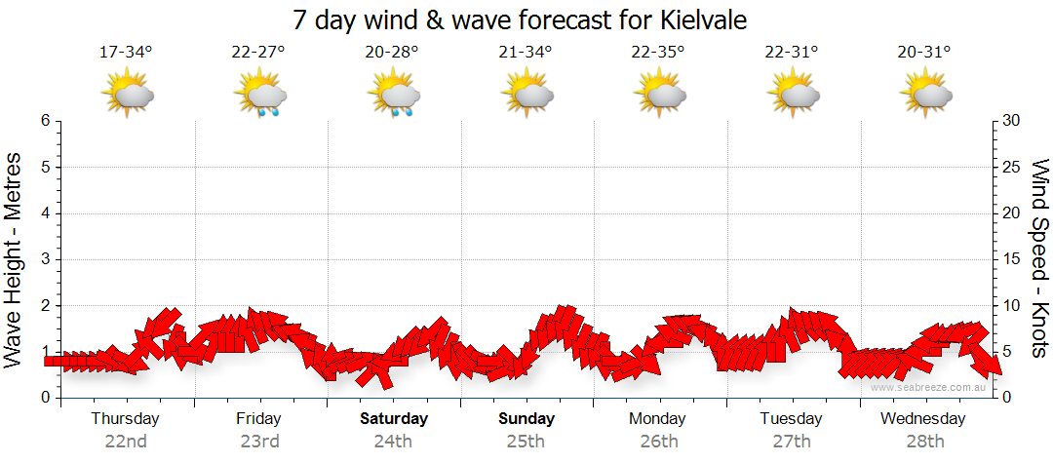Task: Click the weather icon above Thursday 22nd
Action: (128, 94)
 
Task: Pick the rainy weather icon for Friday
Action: (260, 95)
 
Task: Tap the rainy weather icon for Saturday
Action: (393, 95)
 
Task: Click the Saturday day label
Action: (394, 419)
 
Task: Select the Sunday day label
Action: (526, 419)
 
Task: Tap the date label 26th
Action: (659, 442)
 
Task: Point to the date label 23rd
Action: (259, 442)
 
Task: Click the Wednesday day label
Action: (922, 419)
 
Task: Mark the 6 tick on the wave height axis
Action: (45, 121)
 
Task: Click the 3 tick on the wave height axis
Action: (45, 259)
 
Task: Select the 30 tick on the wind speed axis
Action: (1012, 121)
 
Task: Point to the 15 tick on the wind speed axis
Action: (1012, 259)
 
